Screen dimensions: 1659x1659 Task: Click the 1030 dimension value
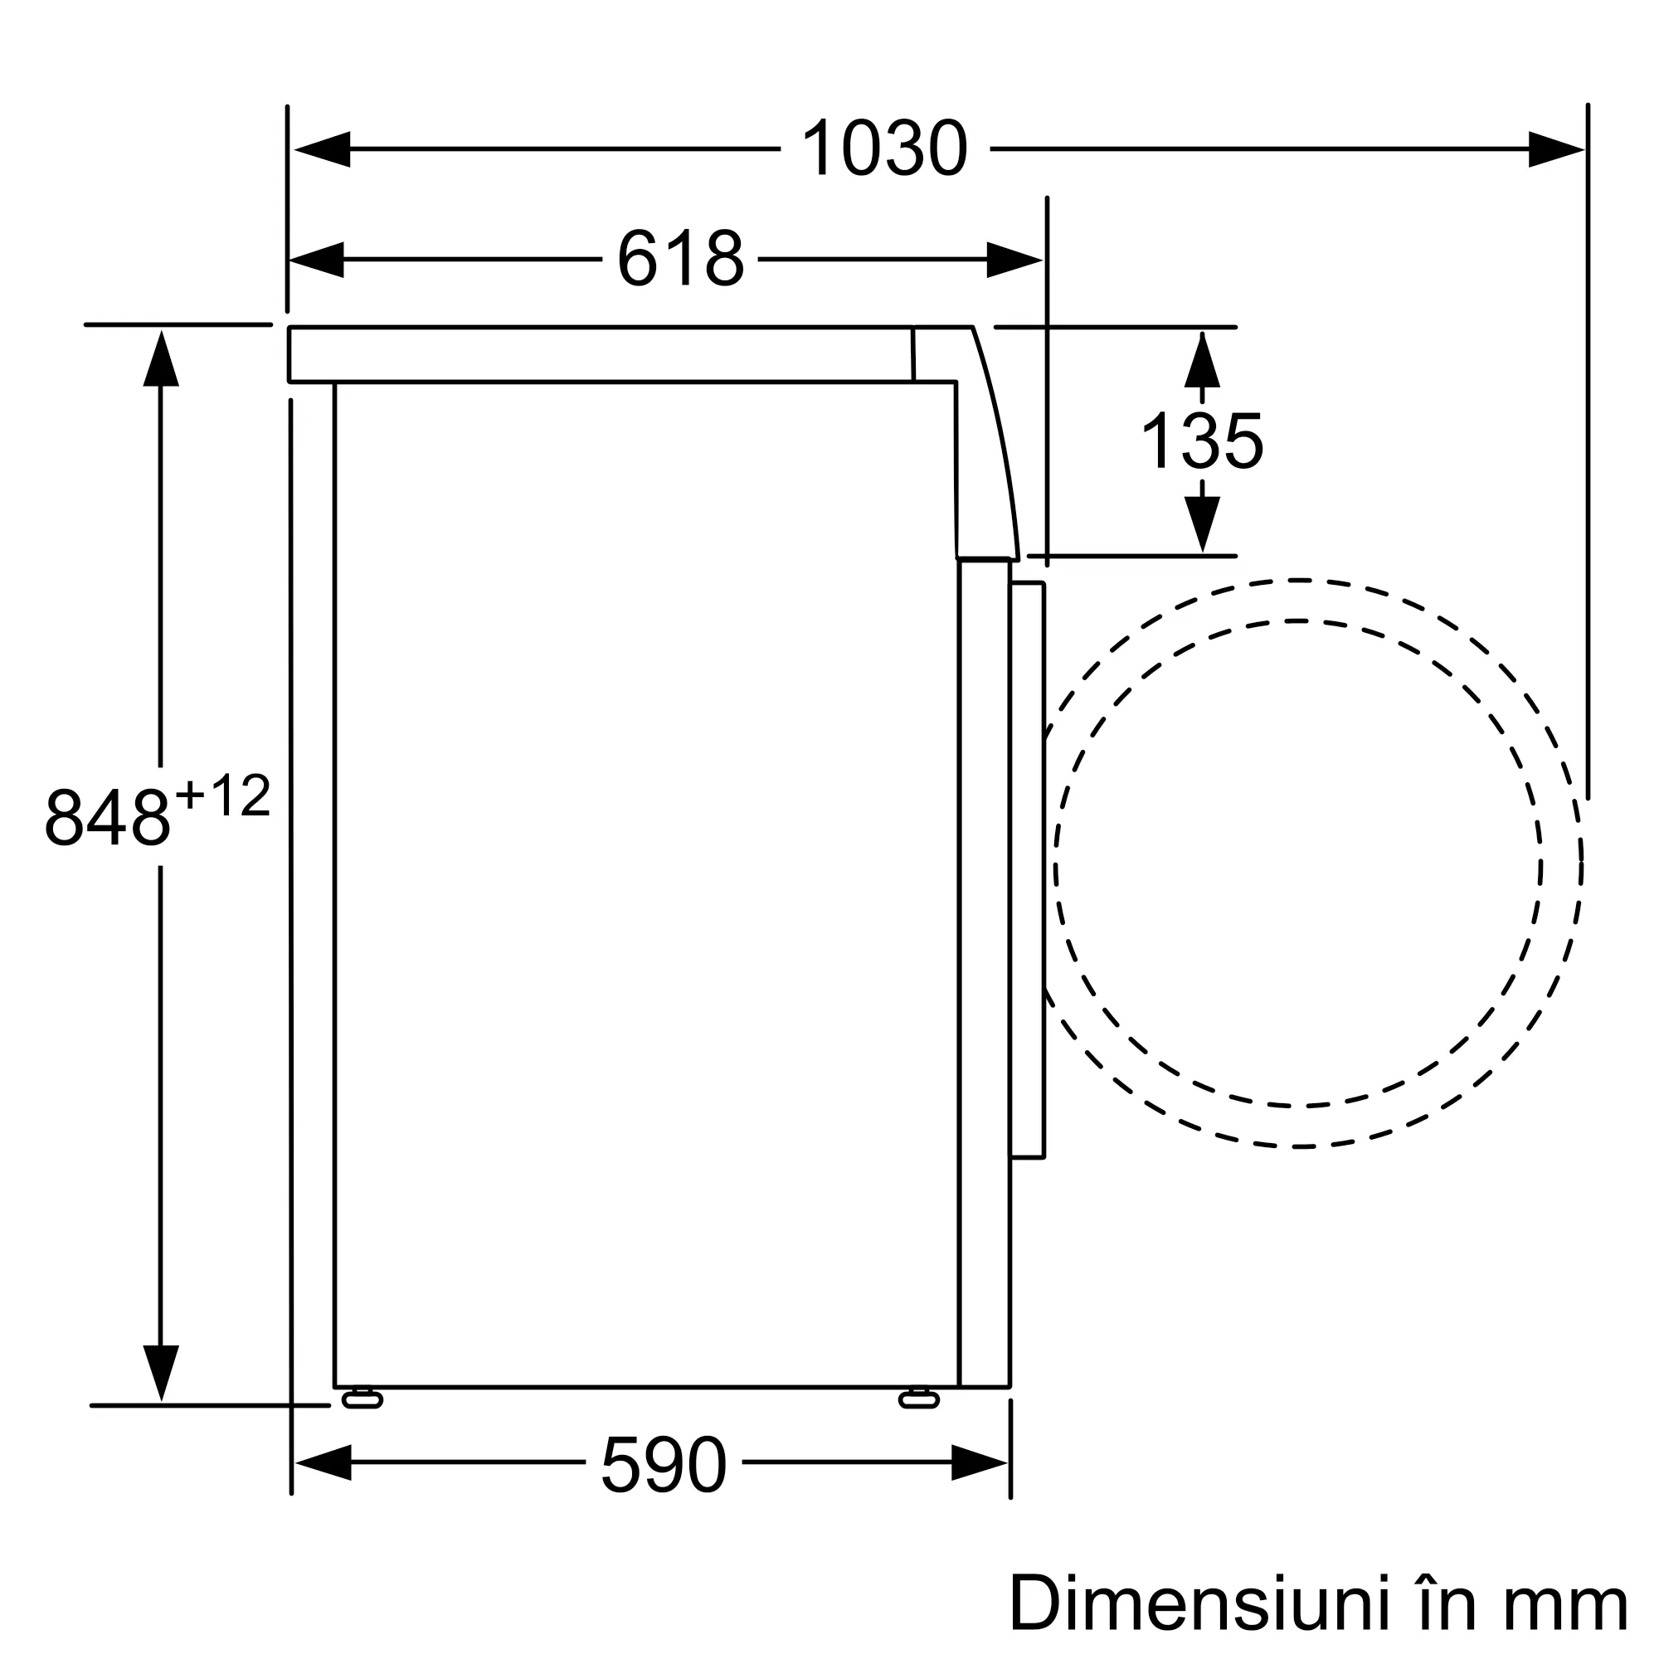coord(884,148)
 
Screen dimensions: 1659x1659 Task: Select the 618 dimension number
coord(680,259)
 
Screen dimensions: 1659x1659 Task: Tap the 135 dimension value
coord(1201,440)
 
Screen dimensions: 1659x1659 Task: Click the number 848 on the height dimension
coord(108,816)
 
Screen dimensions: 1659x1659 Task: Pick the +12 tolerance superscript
coord(223,795)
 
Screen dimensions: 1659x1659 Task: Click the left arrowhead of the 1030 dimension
coord(322,149)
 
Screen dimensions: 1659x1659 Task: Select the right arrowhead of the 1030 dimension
coord(1556,149)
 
